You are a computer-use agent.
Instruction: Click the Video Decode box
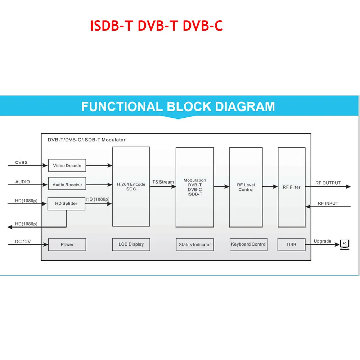(67, 166)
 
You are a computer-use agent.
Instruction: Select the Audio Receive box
(67, 185)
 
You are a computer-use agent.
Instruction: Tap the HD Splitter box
(66, 203)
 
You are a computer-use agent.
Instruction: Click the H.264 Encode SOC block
(131, 187)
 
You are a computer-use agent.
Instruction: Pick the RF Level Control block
(246, 187)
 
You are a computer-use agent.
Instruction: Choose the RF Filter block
(292, 187)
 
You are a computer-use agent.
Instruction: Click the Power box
(67, 244)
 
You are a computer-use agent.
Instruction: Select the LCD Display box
(131, 244)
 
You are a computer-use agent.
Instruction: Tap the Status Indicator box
(195, 244)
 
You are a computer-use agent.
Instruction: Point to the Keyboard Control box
(249, 244)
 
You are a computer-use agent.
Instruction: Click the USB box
(292, 244)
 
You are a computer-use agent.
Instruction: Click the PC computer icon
(345, 244)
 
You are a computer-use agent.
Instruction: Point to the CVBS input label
(21, 163)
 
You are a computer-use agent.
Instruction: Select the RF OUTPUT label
(328, 183)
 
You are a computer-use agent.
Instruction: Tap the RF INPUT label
(328, 203)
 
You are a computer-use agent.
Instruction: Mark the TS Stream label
(163, 182)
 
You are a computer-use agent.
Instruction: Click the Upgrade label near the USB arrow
(323, 241)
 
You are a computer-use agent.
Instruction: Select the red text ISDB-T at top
(112, 26)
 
